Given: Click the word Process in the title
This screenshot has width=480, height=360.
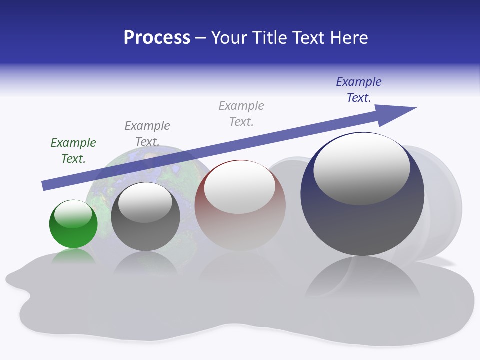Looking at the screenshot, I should (157, 38).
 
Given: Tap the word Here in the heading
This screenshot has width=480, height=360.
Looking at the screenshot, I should (349, 38).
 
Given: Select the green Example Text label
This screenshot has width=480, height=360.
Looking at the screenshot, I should (73, 150).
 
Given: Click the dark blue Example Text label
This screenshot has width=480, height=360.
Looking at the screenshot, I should (358, 89).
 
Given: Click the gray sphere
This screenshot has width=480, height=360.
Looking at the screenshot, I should (145, 220).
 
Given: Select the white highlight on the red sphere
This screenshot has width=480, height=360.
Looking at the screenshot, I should (240, 187).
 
